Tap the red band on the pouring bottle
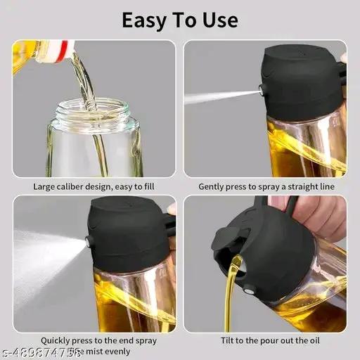[x=65, y=51]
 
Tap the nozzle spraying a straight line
[x=261, y=89]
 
